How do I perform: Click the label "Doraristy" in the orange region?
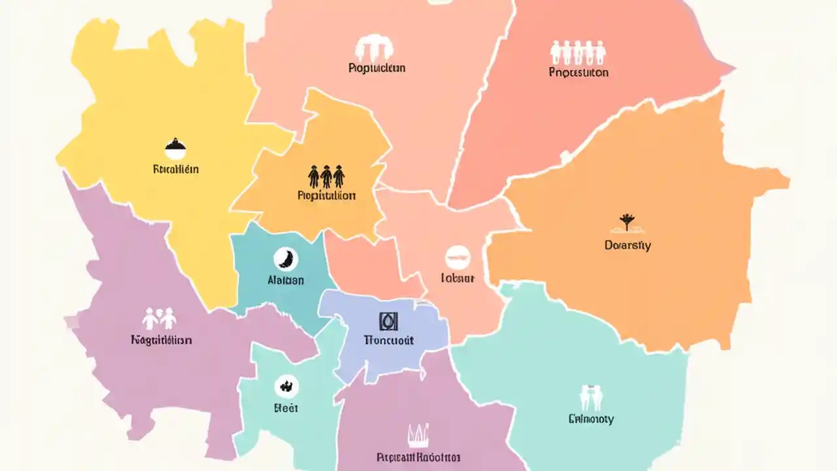pyautogui.click(x=628, y=246)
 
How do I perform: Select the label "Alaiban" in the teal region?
pyautogui.click(x=286, y=280)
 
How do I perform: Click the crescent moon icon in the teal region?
pyautogui.click(x=286, y=258)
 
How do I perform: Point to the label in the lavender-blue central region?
pyautogui.click(x=388, y=340)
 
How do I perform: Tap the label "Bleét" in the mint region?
pyautogui.click(x=285, y=408)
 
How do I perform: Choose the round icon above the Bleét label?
pyautogui.click(x=285, y=385)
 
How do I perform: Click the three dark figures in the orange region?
pyautogui.click(x=326, y=176)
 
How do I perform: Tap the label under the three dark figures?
pyautogui.click(x=326, y=196)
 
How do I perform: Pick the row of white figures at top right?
pyautogui.click(x=578, y=51)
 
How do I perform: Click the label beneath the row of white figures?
pyautogui.click(x=579, y=72)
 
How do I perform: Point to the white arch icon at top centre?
pyautogui.click(x=375, y=48)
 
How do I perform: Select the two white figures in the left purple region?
pyautogui.click(x=160, y=319)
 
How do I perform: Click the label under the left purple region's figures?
pyautogui.click(x=161, y=340)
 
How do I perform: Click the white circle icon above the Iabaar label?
pyautogui.click(x=457, y=258)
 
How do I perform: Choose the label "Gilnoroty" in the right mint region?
pyautogui.click(x=591, y=419)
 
